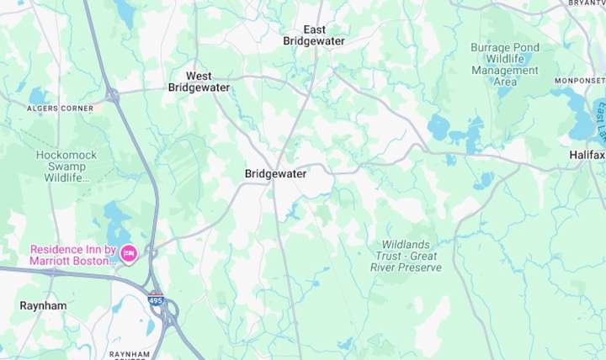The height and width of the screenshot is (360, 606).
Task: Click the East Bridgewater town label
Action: (314, 34)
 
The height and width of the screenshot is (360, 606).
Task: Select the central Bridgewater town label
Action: (275, 174)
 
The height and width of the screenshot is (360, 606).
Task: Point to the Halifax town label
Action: (587, 156)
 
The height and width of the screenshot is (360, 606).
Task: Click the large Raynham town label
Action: (43, 306)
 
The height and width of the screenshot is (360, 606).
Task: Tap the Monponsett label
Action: (578, 81)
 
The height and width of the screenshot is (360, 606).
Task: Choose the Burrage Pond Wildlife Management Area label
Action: (504, 65)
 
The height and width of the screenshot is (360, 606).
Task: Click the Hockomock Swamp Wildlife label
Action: (66, 167)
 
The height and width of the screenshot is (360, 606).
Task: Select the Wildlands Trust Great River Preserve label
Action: (406, 256)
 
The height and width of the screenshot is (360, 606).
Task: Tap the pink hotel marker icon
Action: (129, 253)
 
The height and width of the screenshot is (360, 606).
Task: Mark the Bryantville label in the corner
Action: (587, 3)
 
